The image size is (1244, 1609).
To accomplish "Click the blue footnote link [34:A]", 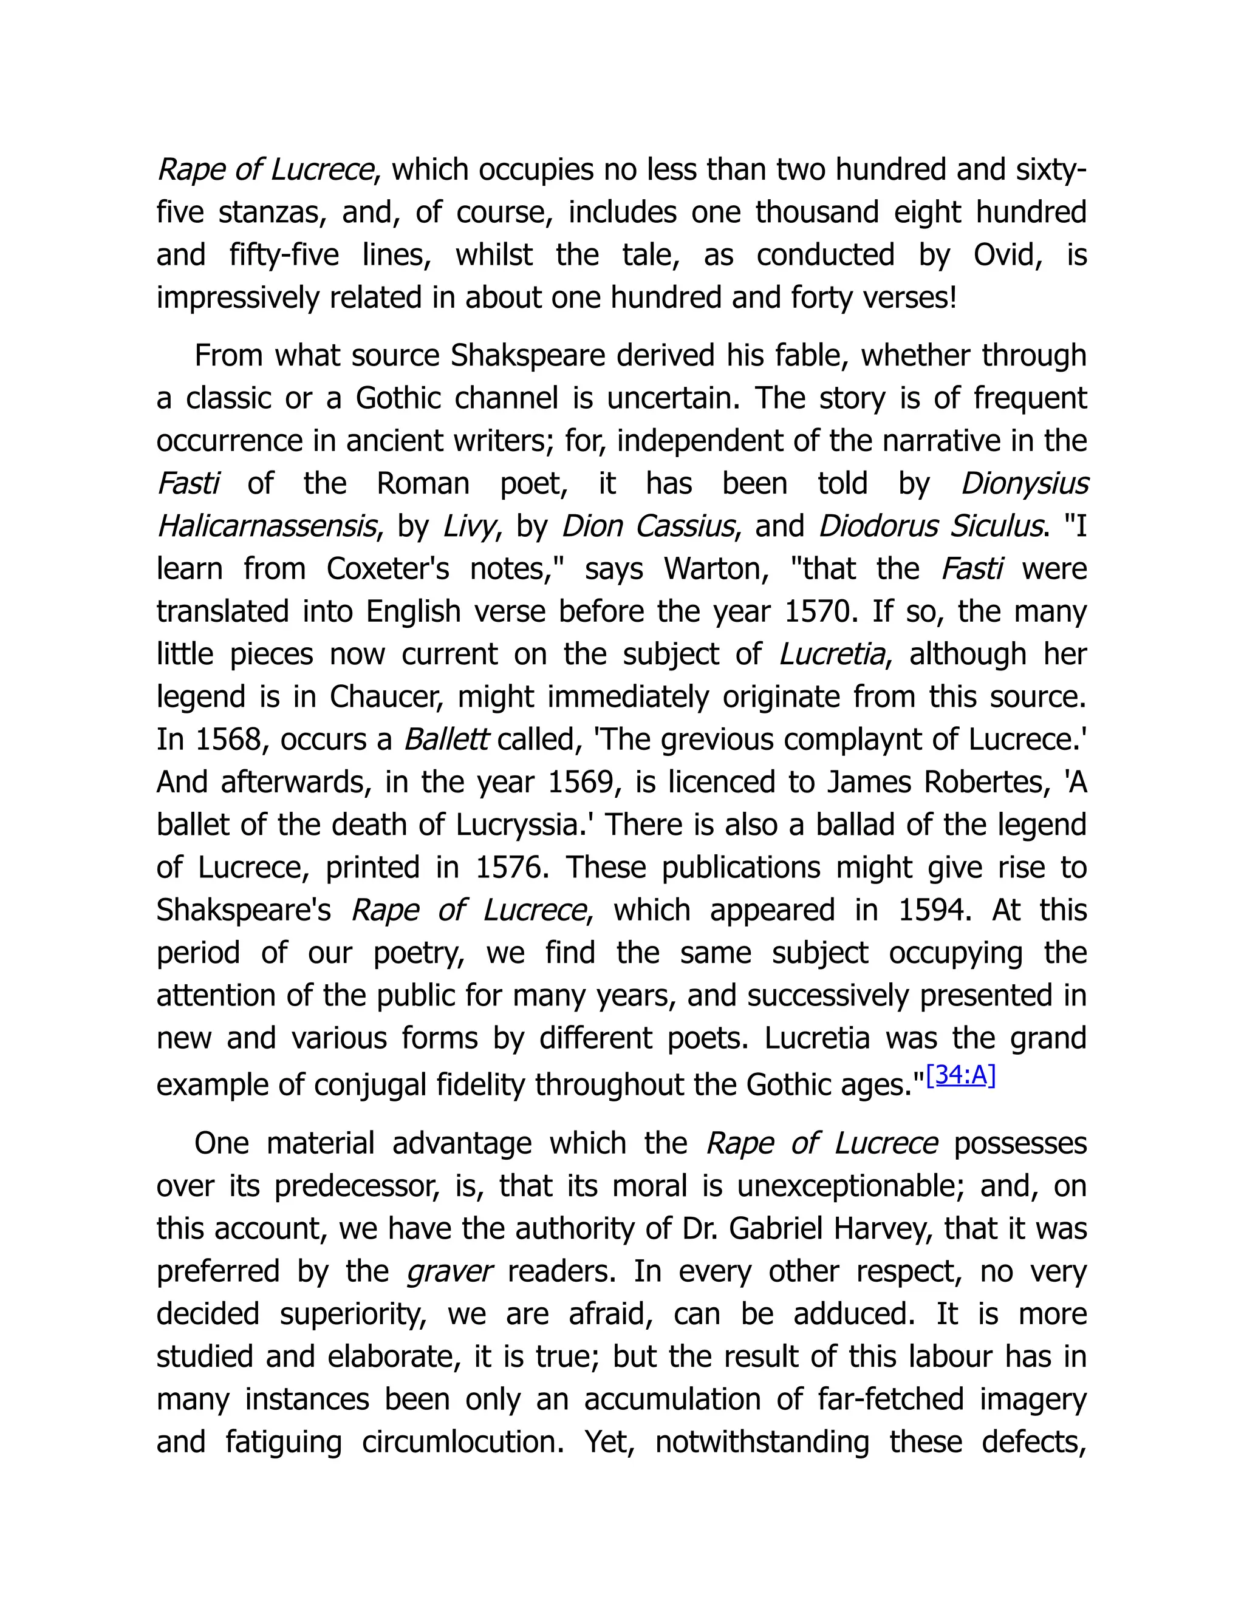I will point(960,1077).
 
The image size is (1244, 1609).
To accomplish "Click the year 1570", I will point(820,612).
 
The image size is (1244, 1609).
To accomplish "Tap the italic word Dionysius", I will point(1024,484).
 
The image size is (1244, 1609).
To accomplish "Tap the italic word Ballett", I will point(445,740).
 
